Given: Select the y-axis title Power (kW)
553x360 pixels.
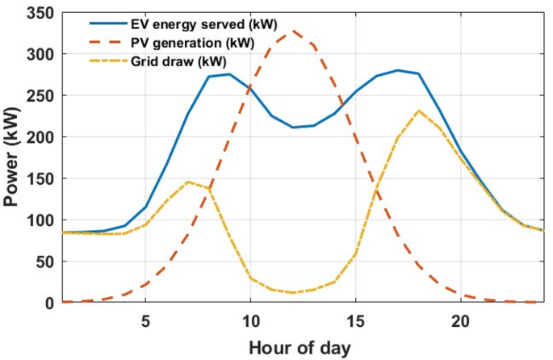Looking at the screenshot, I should click(12, 157).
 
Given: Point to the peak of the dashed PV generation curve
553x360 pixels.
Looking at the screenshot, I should click(292, 31).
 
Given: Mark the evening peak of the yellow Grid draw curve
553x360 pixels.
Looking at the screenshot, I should click(418, 111).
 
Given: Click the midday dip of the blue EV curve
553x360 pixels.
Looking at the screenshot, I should click(292, 127).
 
